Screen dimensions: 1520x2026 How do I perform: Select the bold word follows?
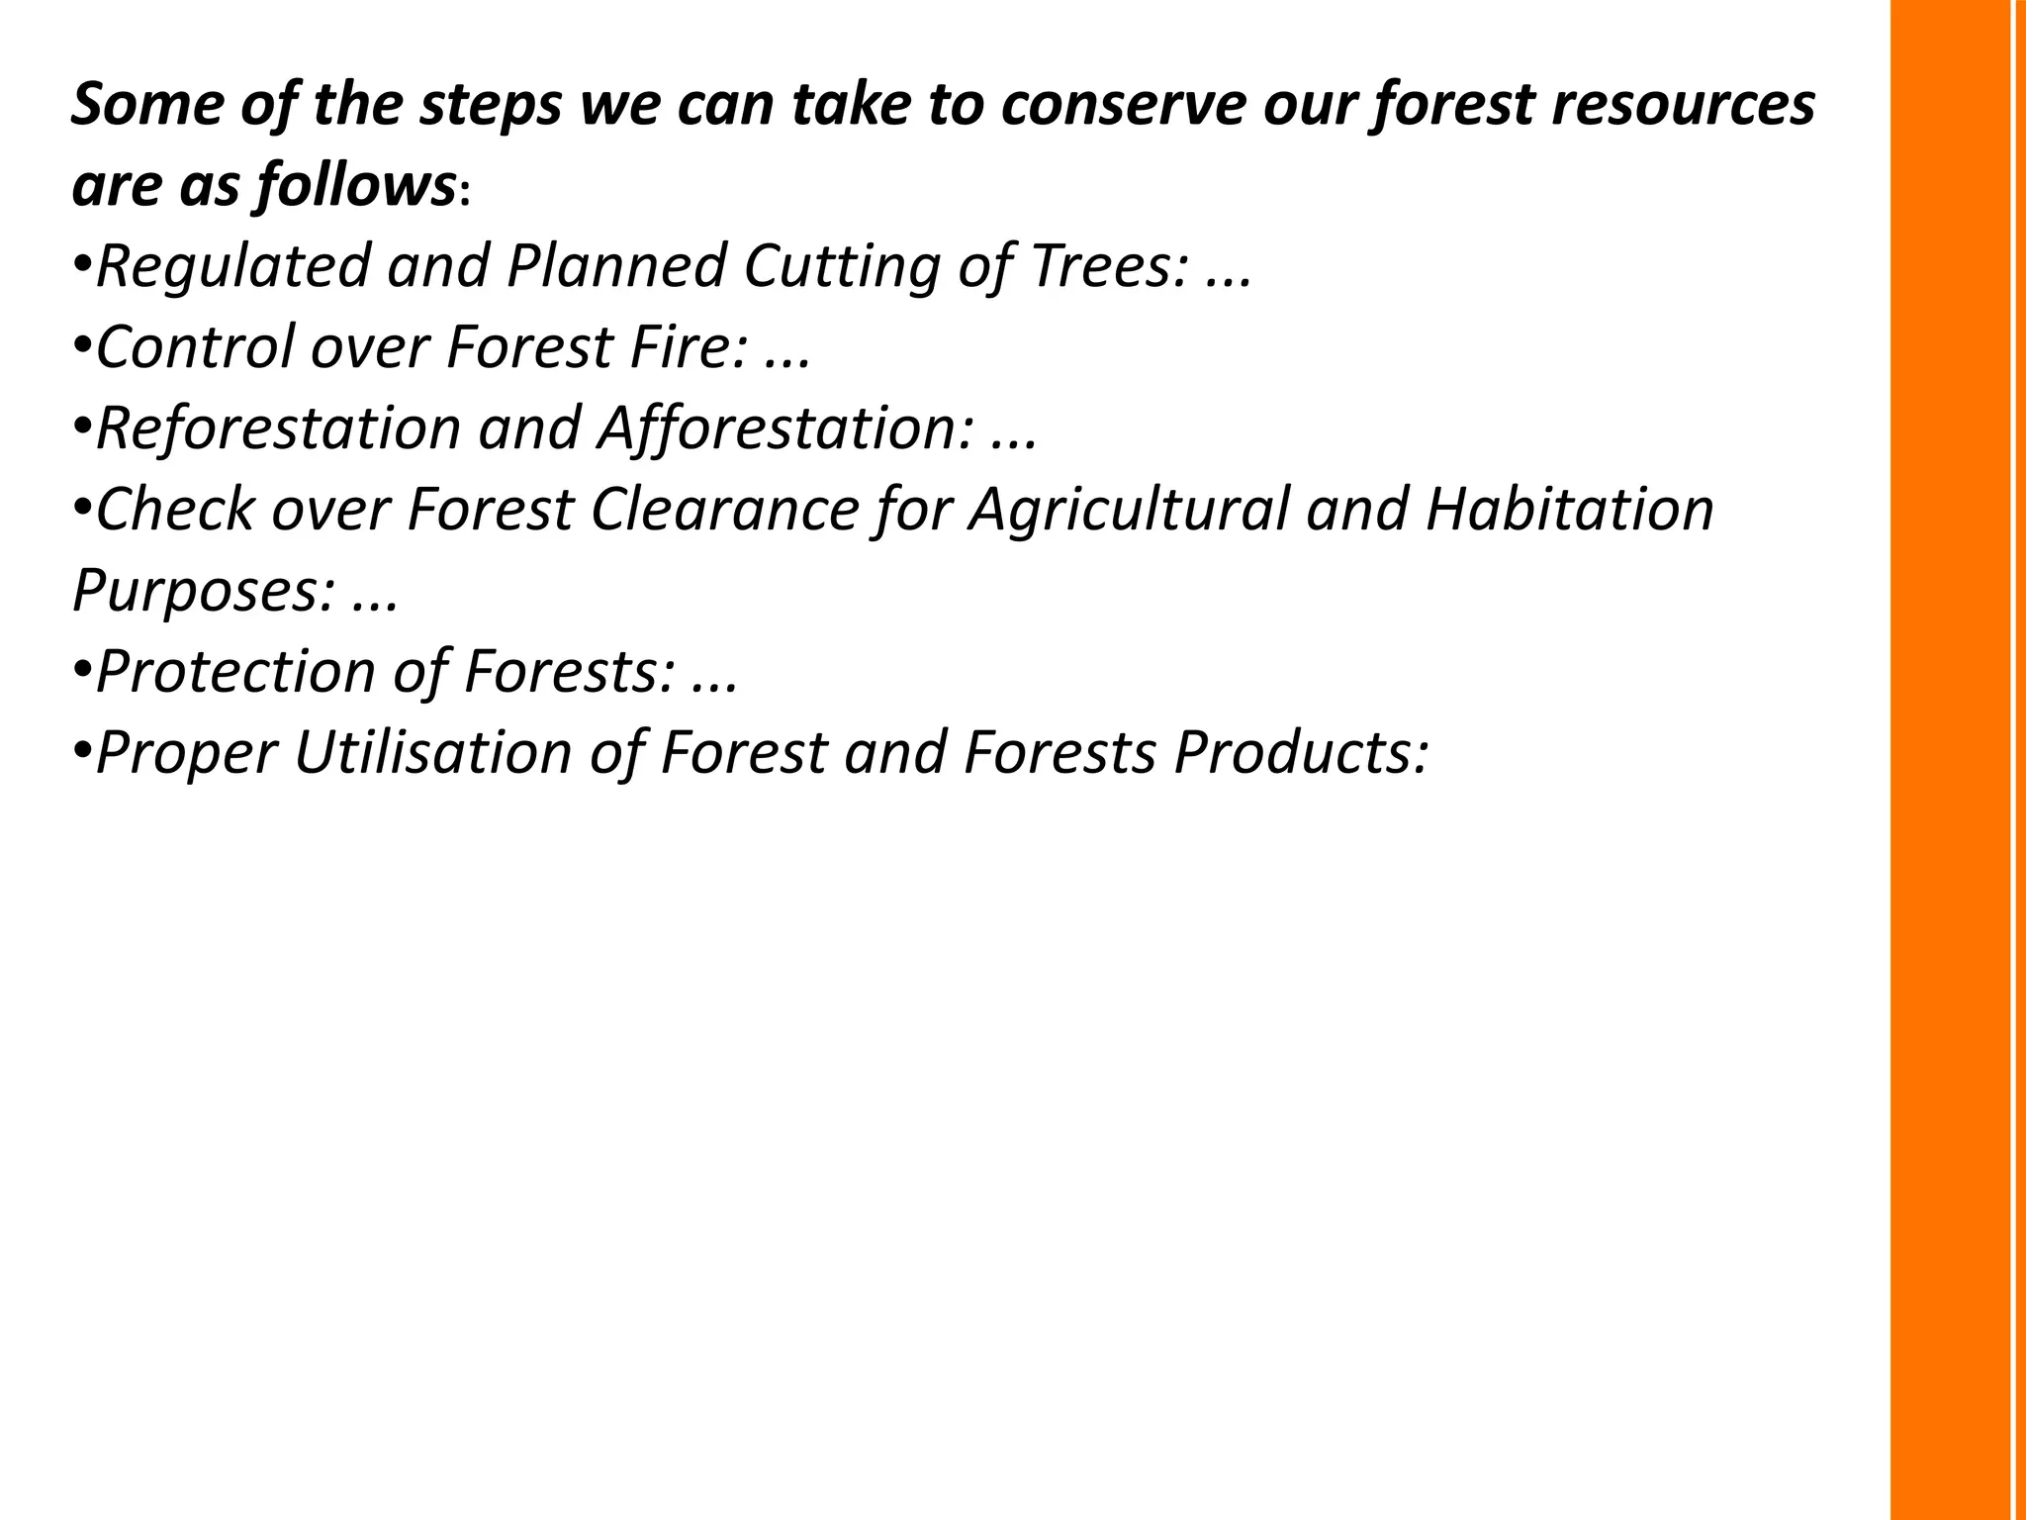pyautogui.click(x=355, y=186)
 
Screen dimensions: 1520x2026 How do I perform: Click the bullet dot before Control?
pyautogui.click(x=82, y=346)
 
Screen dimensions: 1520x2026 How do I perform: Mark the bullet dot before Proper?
pyautogui.click(x=82, y=751)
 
